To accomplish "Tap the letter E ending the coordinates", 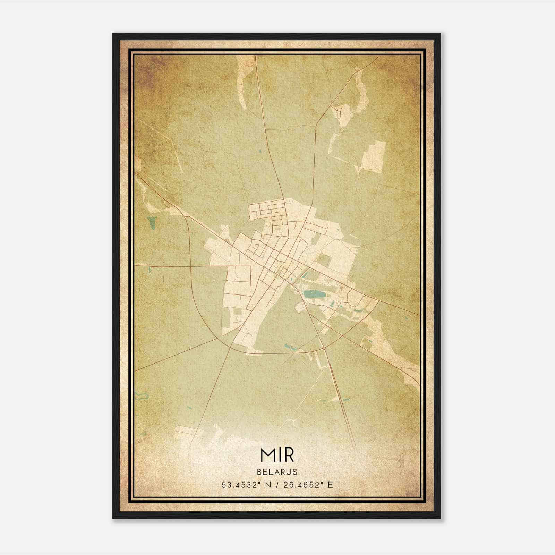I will (x=330, y=485).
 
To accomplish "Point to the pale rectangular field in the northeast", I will (x=373, y=156).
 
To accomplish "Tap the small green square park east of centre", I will (x=323, y=259).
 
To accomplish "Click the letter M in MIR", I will (x=267, y=456).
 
